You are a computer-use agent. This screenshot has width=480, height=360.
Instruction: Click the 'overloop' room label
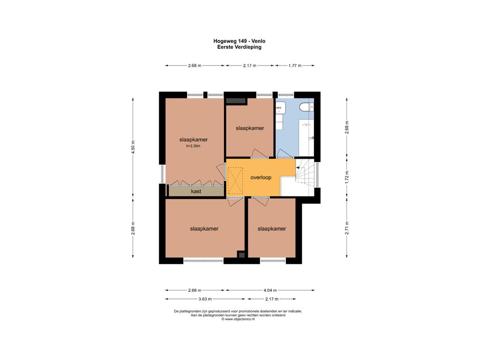(x=261, y=178)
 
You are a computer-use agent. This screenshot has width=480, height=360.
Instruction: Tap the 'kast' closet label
(x=196, y=191)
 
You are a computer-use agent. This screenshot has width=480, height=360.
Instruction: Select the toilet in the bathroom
(x=307, y=107)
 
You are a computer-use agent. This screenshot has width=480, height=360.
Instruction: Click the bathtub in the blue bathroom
(x=307, y=138)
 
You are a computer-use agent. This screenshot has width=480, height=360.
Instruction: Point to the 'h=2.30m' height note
(x=193, y=146)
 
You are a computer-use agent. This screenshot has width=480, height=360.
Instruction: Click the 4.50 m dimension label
(x=133, y=147)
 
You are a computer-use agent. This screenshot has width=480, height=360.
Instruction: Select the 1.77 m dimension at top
(x=295, y=66)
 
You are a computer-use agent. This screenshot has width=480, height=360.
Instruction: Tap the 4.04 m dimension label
(x=270, y=290)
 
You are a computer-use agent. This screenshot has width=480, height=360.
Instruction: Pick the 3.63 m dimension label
(x=205, y=299)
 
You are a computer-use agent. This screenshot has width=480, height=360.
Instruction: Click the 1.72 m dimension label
(x=347, y=177)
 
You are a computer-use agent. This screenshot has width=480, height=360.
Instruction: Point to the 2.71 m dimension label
(x=347, y=228)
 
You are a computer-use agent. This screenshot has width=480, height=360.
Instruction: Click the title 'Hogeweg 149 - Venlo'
(x=240, y=41)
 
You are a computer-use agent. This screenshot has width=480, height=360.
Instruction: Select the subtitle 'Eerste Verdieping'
(x=240, y=47)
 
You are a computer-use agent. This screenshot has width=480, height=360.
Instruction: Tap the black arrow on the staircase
(x=298, y=168)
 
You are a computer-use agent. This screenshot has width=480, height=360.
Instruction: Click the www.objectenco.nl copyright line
(x=238, y=319)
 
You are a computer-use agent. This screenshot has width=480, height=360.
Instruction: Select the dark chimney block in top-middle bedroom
(x=236, y=101)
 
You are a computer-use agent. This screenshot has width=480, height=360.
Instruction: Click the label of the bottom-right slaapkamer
(x=272, y=229)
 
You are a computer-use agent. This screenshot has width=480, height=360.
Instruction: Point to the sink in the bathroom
(x=280, y=108)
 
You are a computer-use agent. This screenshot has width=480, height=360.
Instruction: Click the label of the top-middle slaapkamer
(x=250, y=128)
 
